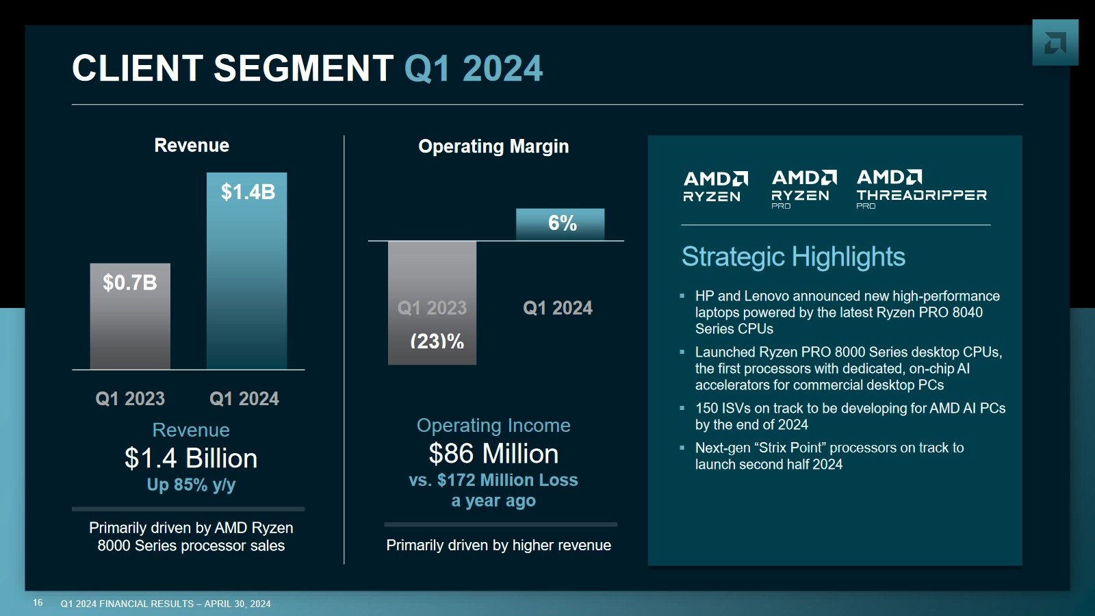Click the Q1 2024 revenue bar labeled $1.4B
(x=246, y=274)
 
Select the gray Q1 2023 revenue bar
(x=130, y=318)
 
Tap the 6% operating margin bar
(x=560, y=224)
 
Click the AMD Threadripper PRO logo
(x=921, y=188)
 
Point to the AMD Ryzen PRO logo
(x=803, y=188)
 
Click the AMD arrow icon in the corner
(x=1055, y=43)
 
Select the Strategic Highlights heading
(x=793, y=257)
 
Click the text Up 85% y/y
(x=191, y=485)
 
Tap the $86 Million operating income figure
(x=493, y=454)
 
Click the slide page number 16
(x=38, y=603)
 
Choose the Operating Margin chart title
(x=493, y=146)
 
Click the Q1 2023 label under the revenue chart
(x=130, y=398)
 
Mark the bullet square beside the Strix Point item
(x=682, y=448)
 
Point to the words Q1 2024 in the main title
(x=473, y=69)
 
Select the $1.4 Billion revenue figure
(x=191, y=458)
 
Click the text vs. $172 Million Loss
(x=493, y=480)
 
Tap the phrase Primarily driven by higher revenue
(x=498, y=546)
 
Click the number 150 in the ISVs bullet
(x=706, y=409)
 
